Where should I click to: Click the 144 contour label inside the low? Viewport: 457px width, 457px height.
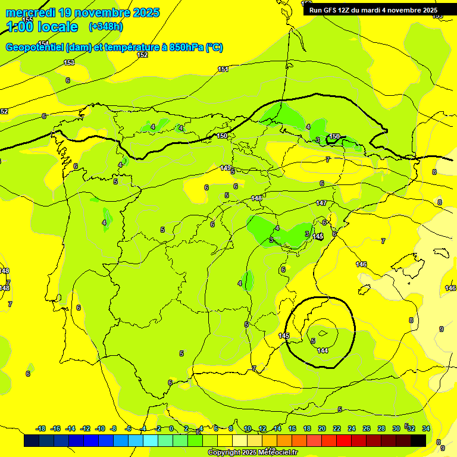pyautogui.click(x=323, y=350)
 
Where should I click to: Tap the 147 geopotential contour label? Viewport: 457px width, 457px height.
pyautogui.click(x=321, y=204)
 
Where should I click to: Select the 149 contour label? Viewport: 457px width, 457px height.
pyautogui.click(x=226, y=168)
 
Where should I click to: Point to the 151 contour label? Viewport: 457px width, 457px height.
pyautogui.click(x=223, y=70)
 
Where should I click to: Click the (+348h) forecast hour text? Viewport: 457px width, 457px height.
pyautogui.click(x=106, y=27)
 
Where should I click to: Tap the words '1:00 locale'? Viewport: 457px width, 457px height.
pyautogui.click(x=42, y=27)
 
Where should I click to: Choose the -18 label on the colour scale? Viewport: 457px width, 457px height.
pyautogui.click(x=41, y=428)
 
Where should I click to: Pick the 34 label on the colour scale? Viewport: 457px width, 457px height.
pyautogui.click(x=426, y=428)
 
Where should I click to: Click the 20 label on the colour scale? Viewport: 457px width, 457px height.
pyautogui.click(x=322, y=428)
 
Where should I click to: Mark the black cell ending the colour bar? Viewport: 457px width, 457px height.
pyautogui.click(x=418, y=441)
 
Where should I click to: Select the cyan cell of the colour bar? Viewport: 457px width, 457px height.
pyautogui.click(x=151, y=441)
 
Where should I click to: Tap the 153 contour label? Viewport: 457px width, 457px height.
pyautogui.click(x=69, y=62)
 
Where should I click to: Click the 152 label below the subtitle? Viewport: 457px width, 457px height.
pyautogui.click(x=142, y=55)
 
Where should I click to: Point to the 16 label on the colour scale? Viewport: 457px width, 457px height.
pyautogui.click(x=292, y=428)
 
